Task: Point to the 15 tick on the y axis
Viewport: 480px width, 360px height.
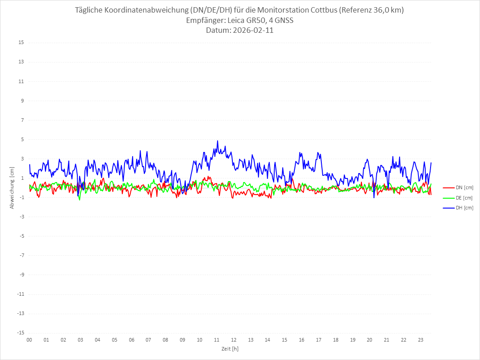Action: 21,43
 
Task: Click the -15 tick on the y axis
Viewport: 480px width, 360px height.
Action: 20,333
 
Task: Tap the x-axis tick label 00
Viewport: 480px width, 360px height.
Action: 29,340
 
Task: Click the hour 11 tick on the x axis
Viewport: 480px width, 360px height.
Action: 217,340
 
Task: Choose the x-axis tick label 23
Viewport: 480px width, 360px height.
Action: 421,340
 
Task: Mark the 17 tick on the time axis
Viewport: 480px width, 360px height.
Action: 319,340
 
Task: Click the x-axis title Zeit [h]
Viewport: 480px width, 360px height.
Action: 230,349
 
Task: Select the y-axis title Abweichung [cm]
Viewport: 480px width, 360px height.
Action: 12,187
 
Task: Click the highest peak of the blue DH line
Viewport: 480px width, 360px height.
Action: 218,141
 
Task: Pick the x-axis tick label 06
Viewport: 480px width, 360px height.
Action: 131,340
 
